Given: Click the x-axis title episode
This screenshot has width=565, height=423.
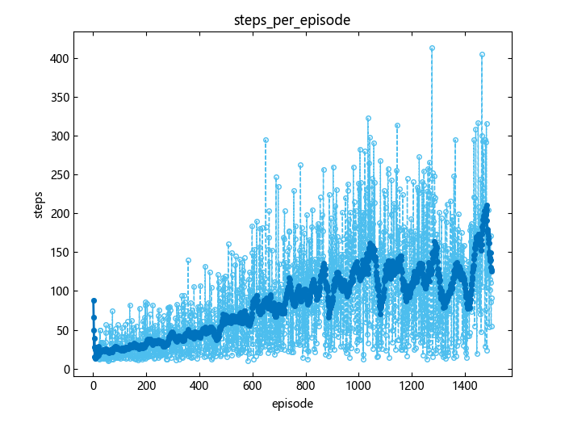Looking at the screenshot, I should point(292,403).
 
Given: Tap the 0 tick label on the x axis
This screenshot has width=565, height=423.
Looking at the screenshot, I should point(94,386).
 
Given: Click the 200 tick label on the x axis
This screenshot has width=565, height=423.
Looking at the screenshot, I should point(146,386).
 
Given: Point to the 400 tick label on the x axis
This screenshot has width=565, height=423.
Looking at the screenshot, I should point(199,386).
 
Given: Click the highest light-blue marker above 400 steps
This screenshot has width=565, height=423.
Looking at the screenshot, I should point(432,48).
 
